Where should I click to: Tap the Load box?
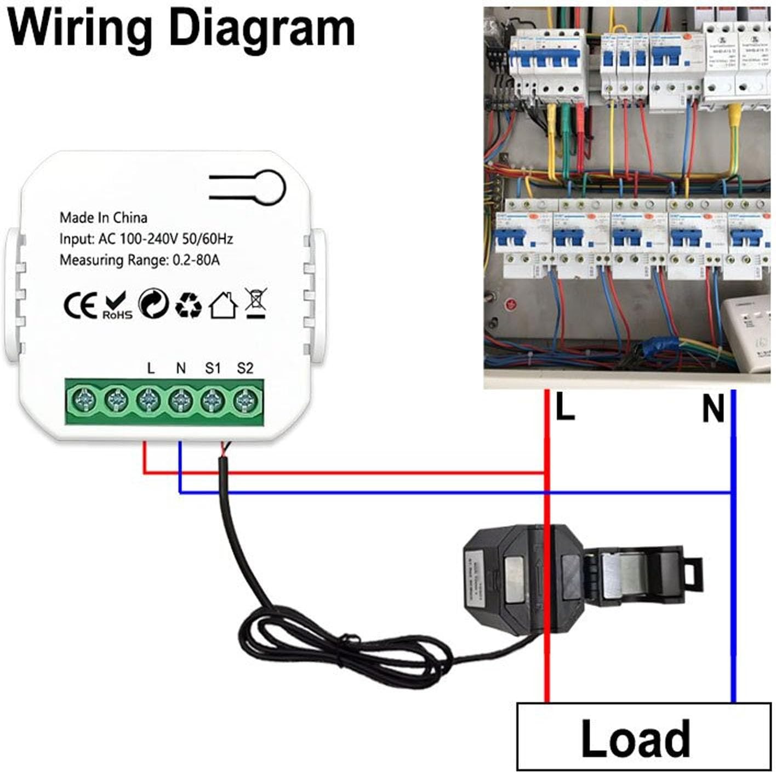(x=635, y=738)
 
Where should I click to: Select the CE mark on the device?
(x=80, y=305)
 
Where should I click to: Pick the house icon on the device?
(x=222, y=305)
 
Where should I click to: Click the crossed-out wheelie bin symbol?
(x=256, y=303)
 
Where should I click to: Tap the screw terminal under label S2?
(x=245, y=401)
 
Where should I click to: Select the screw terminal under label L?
(x=149, y=401)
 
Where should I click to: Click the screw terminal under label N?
(x=180, y=401)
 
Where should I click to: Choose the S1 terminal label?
(x=213, y=368)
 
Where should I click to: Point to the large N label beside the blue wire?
(x=713, y=409)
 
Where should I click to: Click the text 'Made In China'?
(x=103, y=218)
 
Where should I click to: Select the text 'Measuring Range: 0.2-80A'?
(x=139, y=260)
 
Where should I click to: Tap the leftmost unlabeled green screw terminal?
(x=84, y=401)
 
